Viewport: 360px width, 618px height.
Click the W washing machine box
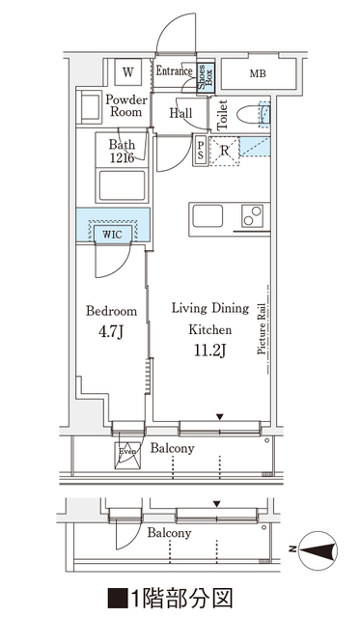(x=128, y=71)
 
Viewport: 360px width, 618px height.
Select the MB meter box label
(x=258, y=73)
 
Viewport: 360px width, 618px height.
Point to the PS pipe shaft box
(x=201, y=150)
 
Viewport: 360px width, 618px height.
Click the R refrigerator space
(x=224, y=151)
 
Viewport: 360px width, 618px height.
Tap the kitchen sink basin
(x=208, y=216)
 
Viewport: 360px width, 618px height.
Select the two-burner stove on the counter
(x=253, y=216)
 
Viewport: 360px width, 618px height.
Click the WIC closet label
(x=112, y=235)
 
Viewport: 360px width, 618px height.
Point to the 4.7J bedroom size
(x=111, y=332)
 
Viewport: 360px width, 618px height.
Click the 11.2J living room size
(x=210, y=350)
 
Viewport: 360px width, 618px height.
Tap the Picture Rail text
(x=262, y=329)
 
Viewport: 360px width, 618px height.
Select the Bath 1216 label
(x=122, y=151)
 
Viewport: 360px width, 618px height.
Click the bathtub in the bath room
(x=122, y=185)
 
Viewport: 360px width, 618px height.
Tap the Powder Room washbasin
(x=89, y=107)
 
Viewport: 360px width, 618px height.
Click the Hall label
(x=180, y=114)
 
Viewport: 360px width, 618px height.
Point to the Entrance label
(x=175, y=70)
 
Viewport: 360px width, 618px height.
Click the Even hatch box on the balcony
(x=126, y=455)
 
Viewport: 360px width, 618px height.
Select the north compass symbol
(x=318, y=548)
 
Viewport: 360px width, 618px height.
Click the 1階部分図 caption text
(x=170, y=599)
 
